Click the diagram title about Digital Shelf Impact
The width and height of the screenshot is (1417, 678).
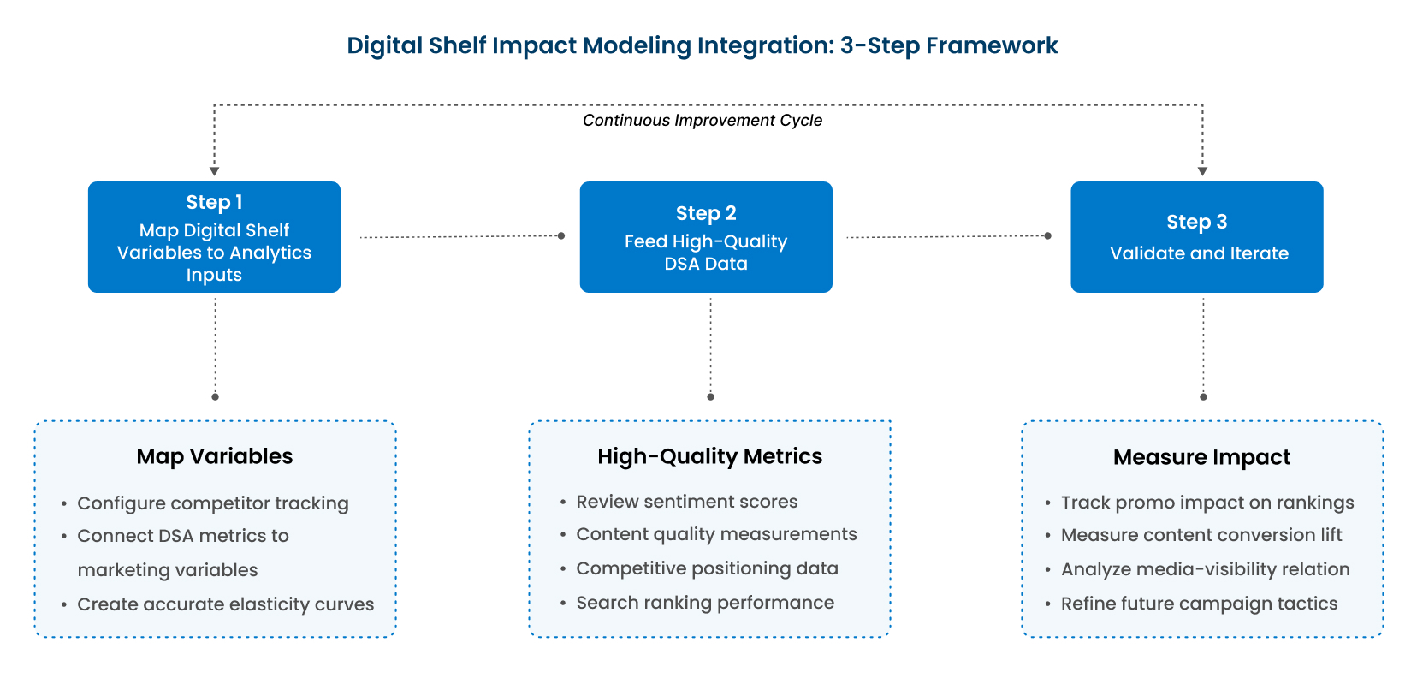[703, 45]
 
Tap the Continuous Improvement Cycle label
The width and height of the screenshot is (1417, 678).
[703, 121]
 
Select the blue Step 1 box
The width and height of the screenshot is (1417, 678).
[215, 237]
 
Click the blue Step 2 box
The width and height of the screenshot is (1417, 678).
[706, 237]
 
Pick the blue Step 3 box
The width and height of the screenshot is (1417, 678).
[1197, 237]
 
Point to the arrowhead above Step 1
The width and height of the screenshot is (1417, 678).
[215, 171]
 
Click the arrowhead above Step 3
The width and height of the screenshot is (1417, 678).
[1202, 171]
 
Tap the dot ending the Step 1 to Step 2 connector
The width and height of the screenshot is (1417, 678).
[561, 236]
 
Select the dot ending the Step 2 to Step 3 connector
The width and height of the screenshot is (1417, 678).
[1048, 236]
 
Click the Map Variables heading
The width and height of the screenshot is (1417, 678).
[215, 456]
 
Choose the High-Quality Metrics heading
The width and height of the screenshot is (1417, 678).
[709, 456]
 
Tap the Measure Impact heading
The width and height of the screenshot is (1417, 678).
[1202, 457]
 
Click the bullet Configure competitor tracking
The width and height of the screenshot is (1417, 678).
[212, 503]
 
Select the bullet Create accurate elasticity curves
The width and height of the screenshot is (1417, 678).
[225, 604]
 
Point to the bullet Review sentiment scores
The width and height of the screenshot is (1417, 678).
[686, 502]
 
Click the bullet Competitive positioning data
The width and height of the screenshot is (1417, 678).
[708, 568]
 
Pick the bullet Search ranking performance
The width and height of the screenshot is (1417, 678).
[705, 603]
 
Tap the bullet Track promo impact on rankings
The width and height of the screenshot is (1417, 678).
[1207, 503]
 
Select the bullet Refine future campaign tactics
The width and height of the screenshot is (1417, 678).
[1199, 604]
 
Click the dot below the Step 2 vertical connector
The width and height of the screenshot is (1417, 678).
[710, 397]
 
